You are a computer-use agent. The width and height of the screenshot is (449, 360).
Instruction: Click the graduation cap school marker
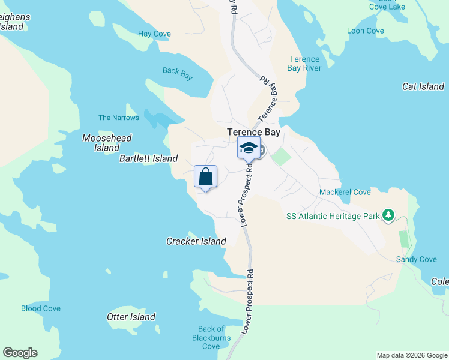point(249,148)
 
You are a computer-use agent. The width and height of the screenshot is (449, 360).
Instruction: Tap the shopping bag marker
point(205,177)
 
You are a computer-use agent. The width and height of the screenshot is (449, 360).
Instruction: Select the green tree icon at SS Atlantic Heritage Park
point(388,215)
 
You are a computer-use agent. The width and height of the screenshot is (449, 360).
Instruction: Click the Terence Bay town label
point(254,132)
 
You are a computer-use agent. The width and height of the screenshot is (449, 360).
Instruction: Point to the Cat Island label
point(423,86)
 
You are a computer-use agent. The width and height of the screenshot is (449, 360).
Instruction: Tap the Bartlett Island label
point(148,158)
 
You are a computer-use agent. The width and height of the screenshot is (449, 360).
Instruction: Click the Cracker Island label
point(196,241)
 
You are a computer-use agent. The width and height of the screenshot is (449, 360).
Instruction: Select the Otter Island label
point(131,317)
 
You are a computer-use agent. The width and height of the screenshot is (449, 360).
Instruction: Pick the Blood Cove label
point(41,308)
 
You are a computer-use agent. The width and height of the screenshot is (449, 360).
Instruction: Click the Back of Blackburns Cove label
point(211,337)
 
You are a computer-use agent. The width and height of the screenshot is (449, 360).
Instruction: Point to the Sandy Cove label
point(416,259)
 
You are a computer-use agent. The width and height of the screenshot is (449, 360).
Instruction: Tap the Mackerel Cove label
point(345,192)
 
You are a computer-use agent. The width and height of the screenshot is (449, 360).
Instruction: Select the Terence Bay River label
point(304,64)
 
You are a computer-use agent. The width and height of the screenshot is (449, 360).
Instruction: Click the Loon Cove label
point(365,31)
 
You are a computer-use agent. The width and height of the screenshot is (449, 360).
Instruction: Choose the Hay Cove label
point(154,34)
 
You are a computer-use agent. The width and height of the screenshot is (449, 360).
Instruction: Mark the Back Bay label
point(178,71)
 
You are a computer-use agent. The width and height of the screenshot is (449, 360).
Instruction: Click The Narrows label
point(119,118)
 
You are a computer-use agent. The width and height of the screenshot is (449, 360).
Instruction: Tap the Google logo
point(20,353)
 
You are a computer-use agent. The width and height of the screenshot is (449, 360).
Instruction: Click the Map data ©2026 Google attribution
point(412,355)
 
